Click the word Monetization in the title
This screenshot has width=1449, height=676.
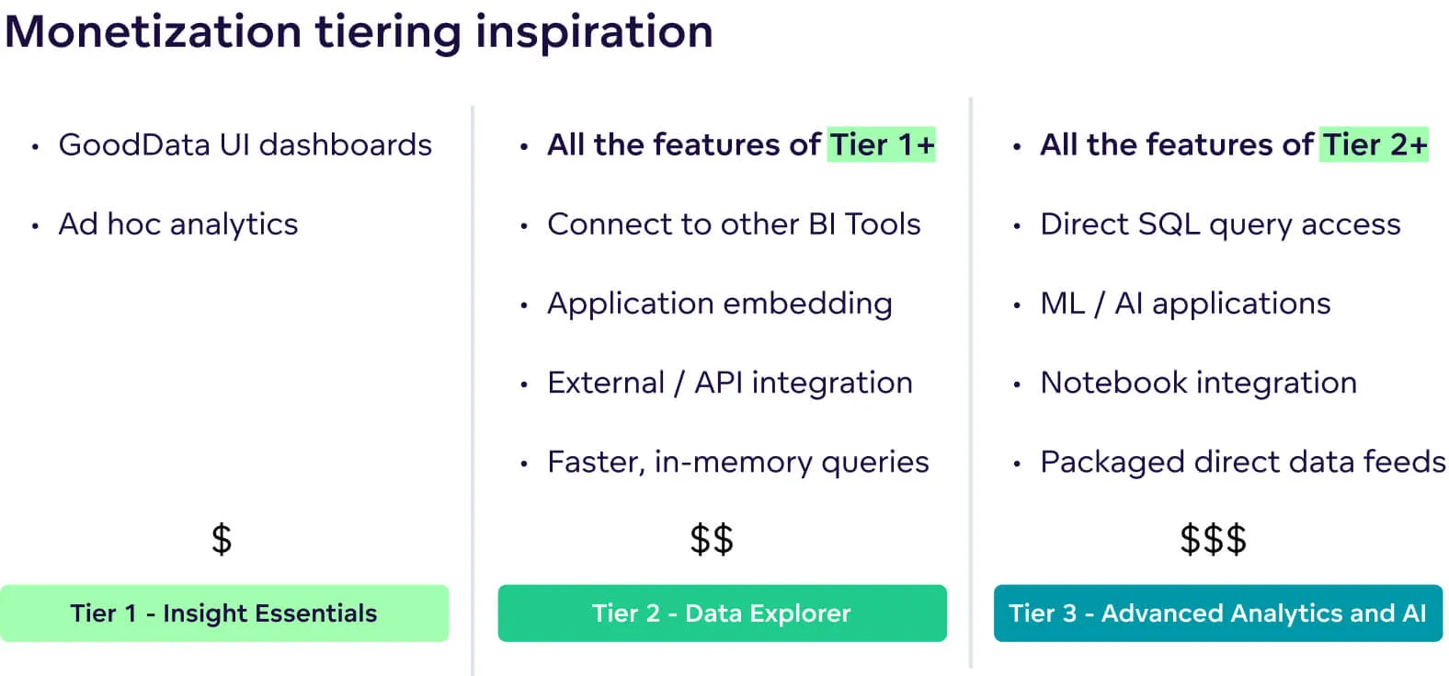153,31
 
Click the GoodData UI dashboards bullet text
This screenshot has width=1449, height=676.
245,145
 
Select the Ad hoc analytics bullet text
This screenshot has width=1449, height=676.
178,224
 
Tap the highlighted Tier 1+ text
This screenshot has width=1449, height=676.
881,145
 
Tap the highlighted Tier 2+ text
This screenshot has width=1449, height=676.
1374,145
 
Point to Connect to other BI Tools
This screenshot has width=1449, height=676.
733,224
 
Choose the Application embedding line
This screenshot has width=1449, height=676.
719,304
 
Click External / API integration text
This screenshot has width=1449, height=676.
729,383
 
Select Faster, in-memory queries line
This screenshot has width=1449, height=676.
737,462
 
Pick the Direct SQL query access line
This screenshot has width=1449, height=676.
1220,224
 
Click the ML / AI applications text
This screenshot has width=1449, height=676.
1185,304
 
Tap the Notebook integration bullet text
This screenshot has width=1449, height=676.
1198,383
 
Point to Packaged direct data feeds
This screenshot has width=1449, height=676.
1242,462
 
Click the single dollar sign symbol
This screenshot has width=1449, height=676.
222,539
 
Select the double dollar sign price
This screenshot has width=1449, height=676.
712,539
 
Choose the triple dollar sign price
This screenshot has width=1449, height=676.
1213,539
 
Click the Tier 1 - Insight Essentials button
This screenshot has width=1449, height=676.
224,613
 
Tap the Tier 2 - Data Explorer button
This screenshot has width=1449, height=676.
722,613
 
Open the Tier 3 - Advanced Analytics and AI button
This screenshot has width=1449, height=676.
1217,613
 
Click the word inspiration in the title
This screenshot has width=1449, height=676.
594,31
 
